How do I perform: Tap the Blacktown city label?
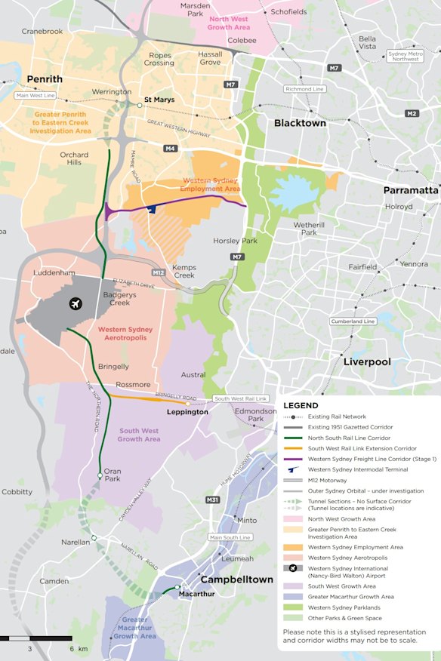300,123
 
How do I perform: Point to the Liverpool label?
367,362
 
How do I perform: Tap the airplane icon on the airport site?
75,304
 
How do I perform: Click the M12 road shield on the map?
159,272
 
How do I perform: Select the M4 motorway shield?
171,149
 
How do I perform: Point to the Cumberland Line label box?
353,321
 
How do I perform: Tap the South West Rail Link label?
241,398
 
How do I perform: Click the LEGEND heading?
301,405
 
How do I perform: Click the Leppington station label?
187,412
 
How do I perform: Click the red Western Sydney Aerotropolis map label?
125,334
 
